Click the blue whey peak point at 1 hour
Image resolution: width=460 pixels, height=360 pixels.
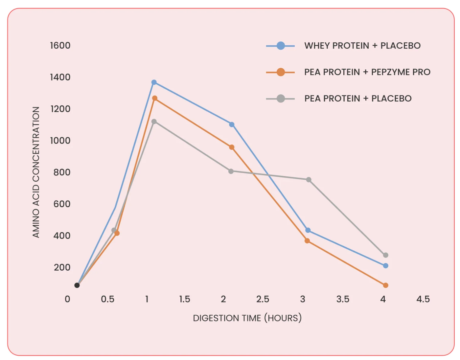(x=154, y=82)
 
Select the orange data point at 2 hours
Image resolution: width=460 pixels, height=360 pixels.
(x=232, y=147)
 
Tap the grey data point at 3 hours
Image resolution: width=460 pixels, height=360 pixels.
(x=309, y=180)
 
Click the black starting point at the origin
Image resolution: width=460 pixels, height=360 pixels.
(x=77, y=285)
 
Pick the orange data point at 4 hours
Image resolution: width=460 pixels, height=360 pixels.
(x=385, y=285)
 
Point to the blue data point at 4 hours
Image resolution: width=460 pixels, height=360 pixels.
(x=385, y=265)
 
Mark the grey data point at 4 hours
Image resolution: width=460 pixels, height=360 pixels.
(x=385, y=255)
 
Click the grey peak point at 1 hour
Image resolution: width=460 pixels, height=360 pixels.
(x=154, y=122)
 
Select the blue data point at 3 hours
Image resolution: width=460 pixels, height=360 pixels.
(x=308, y=230)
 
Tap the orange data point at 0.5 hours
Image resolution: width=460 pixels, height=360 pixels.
(x=117, y=233)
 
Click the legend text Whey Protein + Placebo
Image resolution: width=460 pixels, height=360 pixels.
(x=362, y=46)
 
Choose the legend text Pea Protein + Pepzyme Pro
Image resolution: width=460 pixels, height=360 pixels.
(x=367, y=72)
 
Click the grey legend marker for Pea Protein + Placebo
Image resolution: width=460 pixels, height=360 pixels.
(x=281, y=99)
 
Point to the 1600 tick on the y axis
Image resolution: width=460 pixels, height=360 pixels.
(x=60, y=45)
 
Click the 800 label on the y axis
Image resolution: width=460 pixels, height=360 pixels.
(x=62, y=172)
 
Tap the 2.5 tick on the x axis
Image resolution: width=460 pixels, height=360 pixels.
(x=263, y=299)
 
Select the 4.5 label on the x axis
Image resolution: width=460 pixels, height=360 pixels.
(x=423, y=299)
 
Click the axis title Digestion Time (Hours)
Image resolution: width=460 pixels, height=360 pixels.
(x=247, y=318)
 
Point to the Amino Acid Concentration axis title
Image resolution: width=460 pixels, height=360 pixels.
(x=36, y=172)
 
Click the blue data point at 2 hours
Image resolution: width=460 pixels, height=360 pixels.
(x=232, y=124)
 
